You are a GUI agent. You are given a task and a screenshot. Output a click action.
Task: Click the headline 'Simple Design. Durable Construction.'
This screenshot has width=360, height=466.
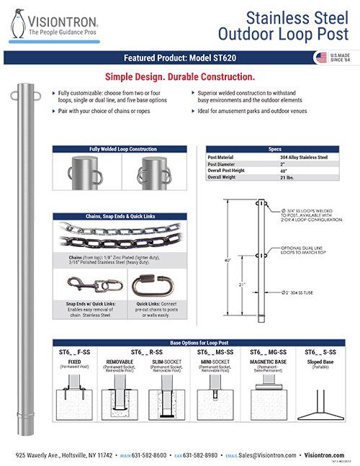coord(179,76)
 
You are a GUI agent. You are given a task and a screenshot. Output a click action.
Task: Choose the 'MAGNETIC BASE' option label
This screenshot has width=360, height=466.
coord(268,362)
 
